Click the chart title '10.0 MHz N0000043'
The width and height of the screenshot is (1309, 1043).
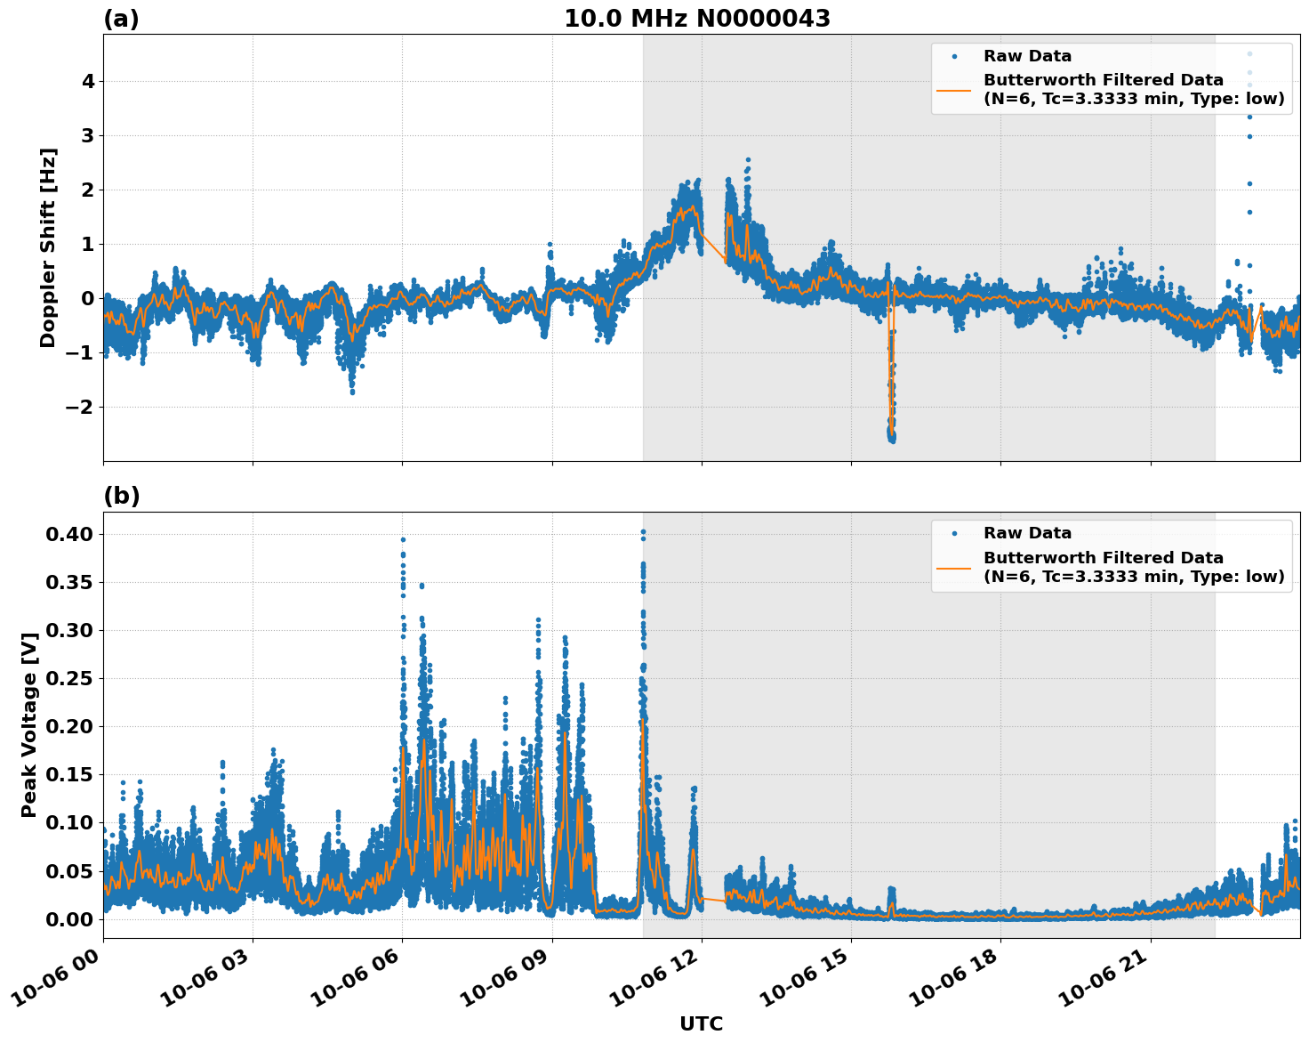point(697,19)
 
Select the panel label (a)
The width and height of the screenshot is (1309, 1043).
point(121,19)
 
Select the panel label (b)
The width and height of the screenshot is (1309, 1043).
point(121,496)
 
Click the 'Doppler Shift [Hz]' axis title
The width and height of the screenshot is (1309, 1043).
point(48,247)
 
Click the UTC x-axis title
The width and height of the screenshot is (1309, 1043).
point(701,1023)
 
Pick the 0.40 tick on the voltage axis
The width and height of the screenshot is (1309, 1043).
point(69,534)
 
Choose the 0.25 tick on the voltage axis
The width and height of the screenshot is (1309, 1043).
point(69,678)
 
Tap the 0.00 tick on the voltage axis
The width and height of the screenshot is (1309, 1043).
point(69,918)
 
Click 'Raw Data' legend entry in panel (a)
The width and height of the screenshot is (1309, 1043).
point(1027,56)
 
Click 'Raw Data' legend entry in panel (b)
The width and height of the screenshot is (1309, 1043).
point(1027,533)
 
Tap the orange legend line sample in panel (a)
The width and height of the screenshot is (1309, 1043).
point(954,90)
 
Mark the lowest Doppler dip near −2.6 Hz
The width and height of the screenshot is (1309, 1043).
point(892,439)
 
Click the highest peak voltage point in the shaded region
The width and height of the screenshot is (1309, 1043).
point(643,532)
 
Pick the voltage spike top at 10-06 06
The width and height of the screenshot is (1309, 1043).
point(403,539)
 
